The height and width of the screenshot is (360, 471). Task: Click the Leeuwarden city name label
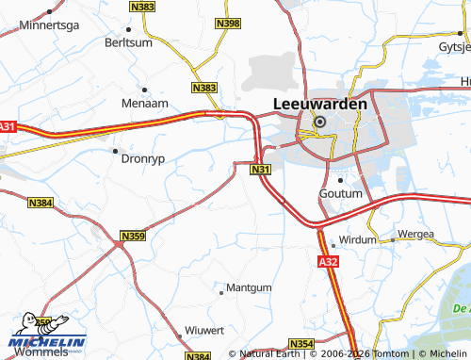tap(319, 104)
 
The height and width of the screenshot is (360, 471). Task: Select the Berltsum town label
tap(129, 43)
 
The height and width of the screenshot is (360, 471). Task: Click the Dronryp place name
tap(143, 159)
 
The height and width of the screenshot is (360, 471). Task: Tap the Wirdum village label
tap(354, 240)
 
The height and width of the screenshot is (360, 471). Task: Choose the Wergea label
tap(415, 234)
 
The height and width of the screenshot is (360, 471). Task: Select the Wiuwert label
tap(204, 330)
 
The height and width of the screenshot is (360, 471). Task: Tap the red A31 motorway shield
tap(8, 127)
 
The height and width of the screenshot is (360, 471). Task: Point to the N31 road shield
tap(261, 170)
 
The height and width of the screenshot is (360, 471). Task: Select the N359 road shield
tap(133, 236)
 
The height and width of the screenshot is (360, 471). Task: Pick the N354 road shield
tap(300, 344)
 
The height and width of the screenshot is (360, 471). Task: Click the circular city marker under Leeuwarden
tap(319, 122)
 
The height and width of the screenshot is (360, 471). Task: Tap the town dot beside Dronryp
tap(115, 150)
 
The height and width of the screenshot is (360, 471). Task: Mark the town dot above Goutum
tap(339, 179)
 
